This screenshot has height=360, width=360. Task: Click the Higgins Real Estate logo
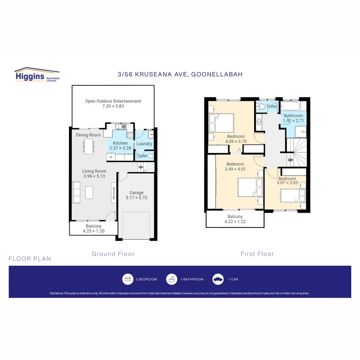point(37,75)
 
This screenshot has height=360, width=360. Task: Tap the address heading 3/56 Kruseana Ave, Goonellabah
point(180,74)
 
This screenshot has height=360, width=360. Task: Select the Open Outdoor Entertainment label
point(113,101)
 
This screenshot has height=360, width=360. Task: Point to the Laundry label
point(144,144)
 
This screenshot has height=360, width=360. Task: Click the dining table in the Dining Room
point(88,146)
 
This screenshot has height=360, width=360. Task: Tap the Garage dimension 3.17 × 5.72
point(136,198)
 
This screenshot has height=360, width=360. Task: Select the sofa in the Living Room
point(76,192)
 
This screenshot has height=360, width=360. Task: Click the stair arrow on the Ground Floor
point(140,167)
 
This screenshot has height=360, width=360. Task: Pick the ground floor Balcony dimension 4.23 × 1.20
point(93,231)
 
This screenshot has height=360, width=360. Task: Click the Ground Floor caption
point(113,254)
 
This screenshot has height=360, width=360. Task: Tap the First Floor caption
point(257,254)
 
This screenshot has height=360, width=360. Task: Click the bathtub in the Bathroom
point(290,107)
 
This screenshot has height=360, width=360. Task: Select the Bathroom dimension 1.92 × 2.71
point(293,121)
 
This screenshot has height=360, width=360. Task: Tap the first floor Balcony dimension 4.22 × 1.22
point(235,221)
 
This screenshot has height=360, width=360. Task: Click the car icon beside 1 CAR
point(218,279)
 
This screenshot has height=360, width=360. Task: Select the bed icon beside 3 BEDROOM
point(128,279)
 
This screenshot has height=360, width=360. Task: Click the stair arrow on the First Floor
point(291,160)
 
